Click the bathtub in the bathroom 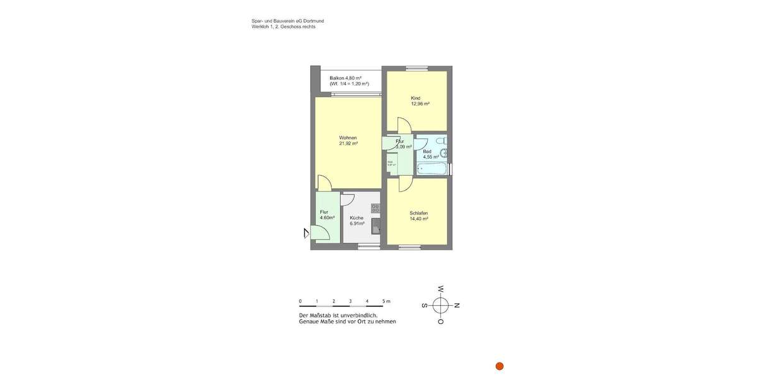click(432, 169)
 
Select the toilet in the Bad click(442, 140)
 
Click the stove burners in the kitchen click(375, 208)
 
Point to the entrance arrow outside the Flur click(306, 233)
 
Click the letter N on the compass click(457, 306)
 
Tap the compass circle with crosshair click(440, 306)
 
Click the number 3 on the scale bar click(350, 301)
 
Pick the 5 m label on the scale click(385, 301)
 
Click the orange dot click(500, 366)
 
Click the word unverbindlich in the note click(360, 315)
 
